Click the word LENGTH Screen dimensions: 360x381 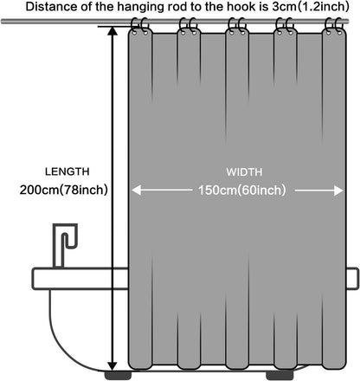(x=67, y=171)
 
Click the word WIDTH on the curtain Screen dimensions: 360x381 (x=244, y=172)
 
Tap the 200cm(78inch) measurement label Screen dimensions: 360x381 (x=64, y=190)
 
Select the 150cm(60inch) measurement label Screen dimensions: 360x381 (x=242, y=190)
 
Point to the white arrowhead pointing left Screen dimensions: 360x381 (x=137, y=190)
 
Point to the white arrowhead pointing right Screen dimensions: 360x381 (x=338, y=190)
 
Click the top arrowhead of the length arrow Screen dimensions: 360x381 (x=112, y=31)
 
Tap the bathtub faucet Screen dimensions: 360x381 (x=65, y=245)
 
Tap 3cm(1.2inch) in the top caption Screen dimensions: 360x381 (x=311, y=7)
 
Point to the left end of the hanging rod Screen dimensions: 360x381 (x=2, y=22)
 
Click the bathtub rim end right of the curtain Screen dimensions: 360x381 (x=352, y=279)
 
